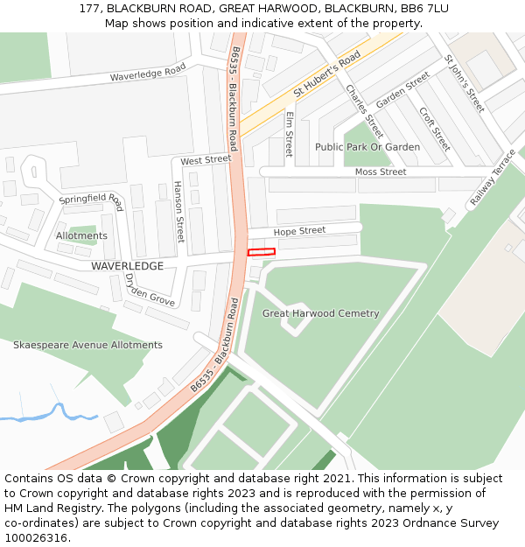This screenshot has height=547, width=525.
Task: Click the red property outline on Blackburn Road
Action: (x=261, y=252)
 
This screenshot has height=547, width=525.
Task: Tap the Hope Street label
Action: (x=299, y=231)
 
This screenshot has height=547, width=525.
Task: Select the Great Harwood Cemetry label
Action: (x=320, y=313)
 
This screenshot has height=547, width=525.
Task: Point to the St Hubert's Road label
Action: (x=326, y=73)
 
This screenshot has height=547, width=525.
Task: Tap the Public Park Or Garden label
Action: (x=367, y=147)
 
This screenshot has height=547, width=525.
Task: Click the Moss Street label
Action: (x=380, y=172)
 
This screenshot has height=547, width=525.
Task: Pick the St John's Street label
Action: (x=464, y=83)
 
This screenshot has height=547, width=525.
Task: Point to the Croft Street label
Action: (x=434, y=129)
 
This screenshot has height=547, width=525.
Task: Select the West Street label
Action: (x=206, y=160)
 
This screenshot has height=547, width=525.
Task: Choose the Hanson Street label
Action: (x=178, y=212)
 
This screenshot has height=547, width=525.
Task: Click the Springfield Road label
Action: (x=91, y=200)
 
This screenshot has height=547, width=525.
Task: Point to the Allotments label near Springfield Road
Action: (x=81, y=235)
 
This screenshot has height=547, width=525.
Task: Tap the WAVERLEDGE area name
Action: (x=127, y=265)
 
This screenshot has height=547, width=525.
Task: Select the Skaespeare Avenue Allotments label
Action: (x=87, y=345)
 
